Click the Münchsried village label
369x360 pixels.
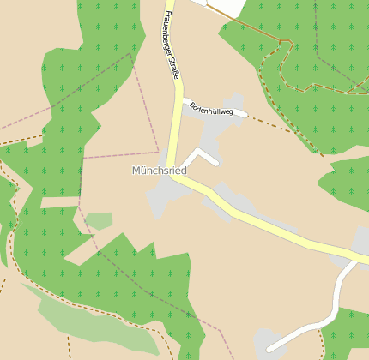[159, 171]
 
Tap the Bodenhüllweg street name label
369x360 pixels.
[212, 109]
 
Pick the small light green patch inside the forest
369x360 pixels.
[100, 221]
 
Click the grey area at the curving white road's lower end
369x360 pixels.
[268, 341]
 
